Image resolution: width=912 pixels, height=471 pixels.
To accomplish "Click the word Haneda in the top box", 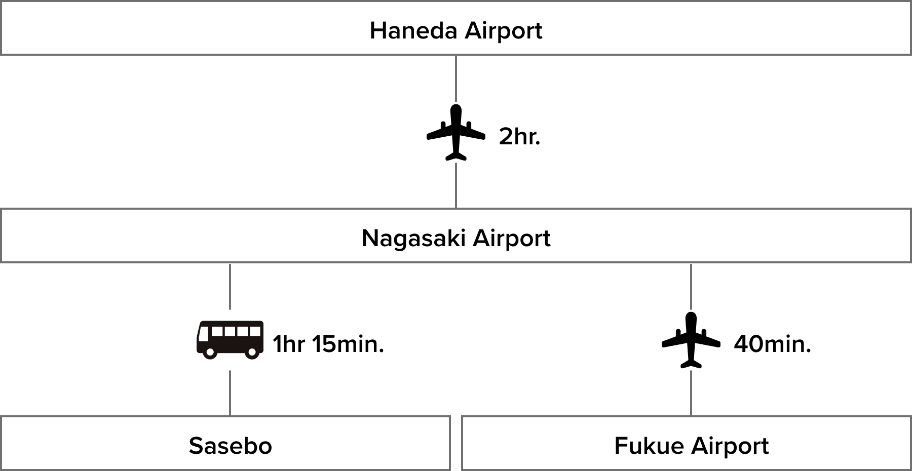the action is pos(413,30).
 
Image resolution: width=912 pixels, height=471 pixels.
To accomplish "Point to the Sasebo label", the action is pos(231,446).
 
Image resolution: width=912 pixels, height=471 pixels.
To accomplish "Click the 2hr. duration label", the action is pos(519,137).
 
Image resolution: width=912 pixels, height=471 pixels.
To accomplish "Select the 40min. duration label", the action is pos(772,344).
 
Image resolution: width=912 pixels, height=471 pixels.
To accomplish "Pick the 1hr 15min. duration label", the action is pos(328,344).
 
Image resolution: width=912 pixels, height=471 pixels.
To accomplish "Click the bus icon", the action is pos(230,340).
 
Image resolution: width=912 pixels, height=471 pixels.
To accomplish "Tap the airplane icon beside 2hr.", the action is pos(456,132).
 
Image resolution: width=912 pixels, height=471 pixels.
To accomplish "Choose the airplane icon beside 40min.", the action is pos(691,340).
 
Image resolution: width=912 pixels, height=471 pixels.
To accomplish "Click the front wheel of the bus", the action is pos(210,353).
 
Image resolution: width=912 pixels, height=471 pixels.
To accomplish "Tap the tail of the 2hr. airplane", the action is pos(456,155).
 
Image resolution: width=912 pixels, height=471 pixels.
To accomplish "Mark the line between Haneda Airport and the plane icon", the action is pos(456,78).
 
